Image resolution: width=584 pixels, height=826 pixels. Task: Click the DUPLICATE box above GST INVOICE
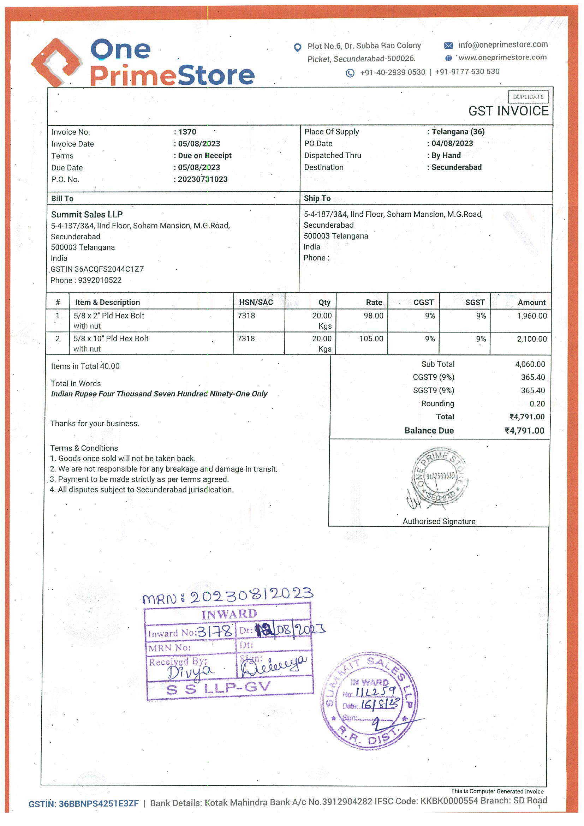pos(528,97)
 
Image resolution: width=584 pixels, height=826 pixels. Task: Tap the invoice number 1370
pos(187,132)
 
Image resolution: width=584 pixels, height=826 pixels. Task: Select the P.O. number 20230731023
pos(203,179)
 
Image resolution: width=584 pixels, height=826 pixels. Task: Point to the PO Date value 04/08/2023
pos(452,144)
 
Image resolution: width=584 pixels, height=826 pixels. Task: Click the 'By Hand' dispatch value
pos(446,155)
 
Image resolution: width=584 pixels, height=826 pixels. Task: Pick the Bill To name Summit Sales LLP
pos(87,214)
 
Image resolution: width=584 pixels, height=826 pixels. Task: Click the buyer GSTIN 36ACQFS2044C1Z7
pos(109,269)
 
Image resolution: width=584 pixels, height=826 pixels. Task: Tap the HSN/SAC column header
pos(256,302)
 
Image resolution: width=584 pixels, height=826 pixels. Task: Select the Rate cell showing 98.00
pos(373,316)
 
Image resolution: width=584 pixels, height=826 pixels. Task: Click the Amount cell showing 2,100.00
pos(531,339)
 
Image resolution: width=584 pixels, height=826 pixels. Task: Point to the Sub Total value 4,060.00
pos(530,364)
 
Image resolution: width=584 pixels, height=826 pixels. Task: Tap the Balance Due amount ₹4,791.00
pos(524,431)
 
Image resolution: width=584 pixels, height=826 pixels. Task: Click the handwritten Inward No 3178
pos(215,631)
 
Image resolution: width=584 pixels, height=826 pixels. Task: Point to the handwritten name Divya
pos(190,671)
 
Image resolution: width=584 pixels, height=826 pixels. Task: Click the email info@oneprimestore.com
pos(503,44)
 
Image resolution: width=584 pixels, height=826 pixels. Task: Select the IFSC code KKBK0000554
pos(449,801)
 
